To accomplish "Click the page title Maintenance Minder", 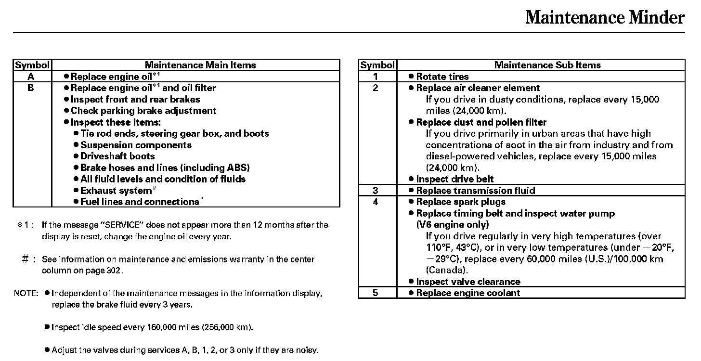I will [605, 18].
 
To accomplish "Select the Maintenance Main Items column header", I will [200, 65].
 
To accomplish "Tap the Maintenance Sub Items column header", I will [547, 65].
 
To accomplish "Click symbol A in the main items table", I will [31, 77].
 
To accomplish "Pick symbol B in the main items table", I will [31, 88].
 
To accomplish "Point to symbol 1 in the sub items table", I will [376, 77].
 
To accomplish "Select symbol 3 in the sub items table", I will [376, 191].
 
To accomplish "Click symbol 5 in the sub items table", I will [376, 293].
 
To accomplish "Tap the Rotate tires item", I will [442, 77].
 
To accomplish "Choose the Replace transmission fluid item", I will [475, 191].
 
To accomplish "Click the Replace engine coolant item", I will [468, 293].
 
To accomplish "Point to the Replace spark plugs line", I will [460, 202].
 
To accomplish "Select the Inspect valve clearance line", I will [468, 282].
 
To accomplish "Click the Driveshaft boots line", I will [117, 156].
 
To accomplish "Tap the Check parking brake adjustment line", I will [143, 111].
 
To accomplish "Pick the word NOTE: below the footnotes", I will [26, 293].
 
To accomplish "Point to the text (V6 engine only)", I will [453, 225].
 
